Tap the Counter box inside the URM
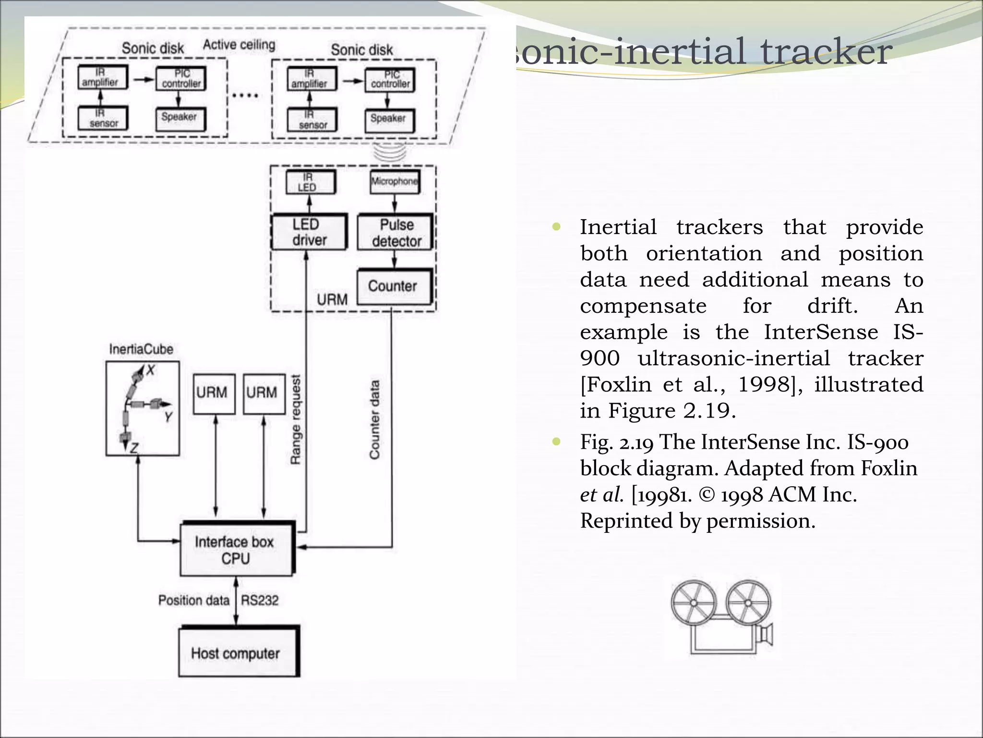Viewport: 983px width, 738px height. point(394,286)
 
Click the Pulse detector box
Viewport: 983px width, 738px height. point(396,233)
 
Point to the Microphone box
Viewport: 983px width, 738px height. point(395,182)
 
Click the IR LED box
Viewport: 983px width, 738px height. point(309,182)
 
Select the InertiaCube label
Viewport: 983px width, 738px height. point(141,349)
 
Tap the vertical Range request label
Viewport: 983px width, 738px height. point(296,420)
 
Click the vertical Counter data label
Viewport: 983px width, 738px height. point(375,420)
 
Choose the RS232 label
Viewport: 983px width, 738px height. point(260,601)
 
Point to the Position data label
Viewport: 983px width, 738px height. point(193,601)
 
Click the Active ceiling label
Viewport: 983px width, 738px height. point(239,45)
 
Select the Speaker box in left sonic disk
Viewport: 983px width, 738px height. point(180,118)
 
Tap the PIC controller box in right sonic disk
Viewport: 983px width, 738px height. point(390,80)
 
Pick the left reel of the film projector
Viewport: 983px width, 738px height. point(693,603)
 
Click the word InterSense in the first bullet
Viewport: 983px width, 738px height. point(820,332)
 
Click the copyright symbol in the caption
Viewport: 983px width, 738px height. point(707,495)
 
